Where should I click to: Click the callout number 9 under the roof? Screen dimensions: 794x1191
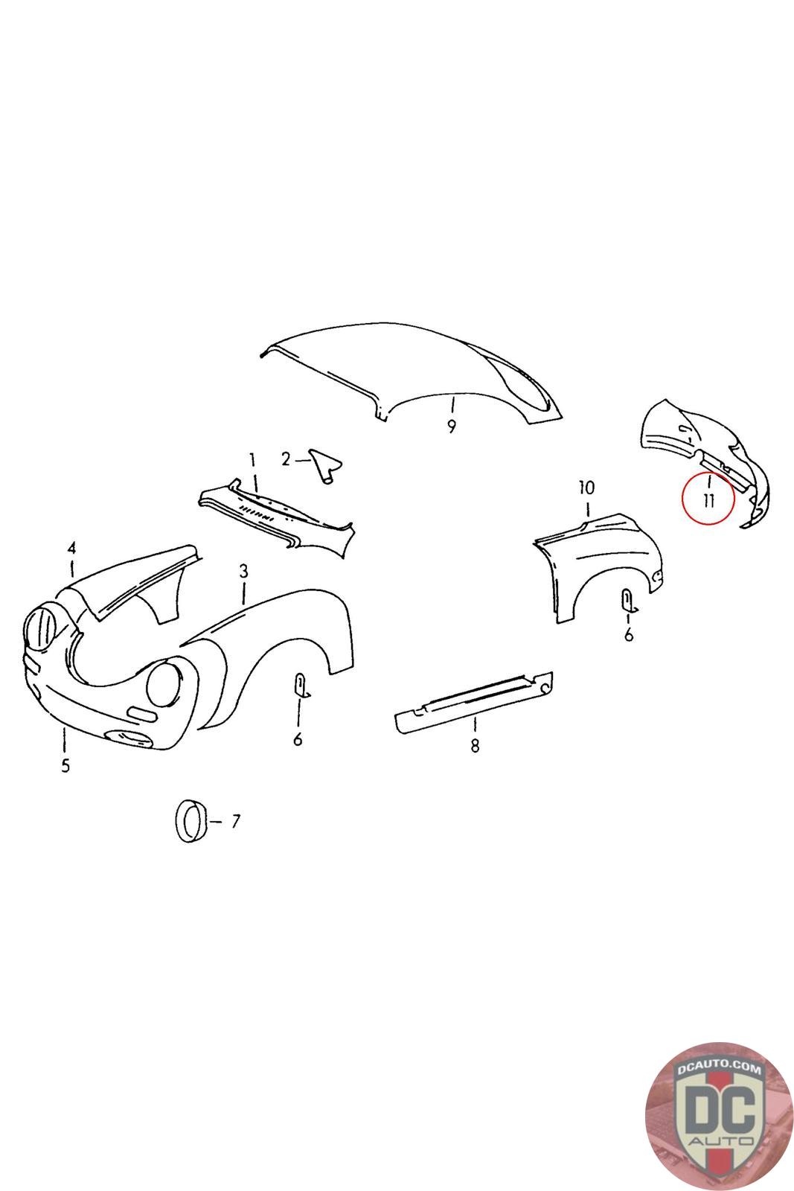tap(451, 426)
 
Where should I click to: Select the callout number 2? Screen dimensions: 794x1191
tap(286, 459)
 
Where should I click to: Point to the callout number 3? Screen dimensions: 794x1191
tap(243, 572)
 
